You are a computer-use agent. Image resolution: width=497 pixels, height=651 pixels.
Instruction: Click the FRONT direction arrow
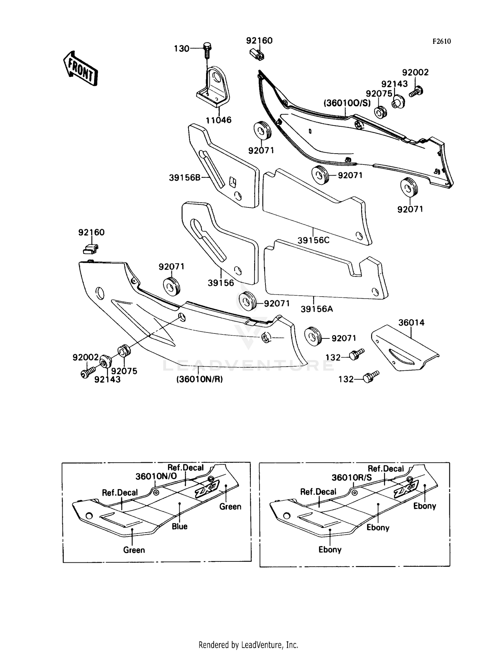point(81,69)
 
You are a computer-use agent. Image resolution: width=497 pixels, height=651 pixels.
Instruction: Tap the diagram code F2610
point(441,41)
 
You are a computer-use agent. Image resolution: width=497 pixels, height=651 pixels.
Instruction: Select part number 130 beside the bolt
point(182,49)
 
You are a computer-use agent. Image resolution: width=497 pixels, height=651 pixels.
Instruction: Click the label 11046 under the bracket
point(219,120)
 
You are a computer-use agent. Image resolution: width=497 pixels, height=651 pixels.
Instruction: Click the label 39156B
point(185,178)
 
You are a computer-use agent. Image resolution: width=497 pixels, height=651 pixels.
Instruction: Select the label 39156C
point(313,240)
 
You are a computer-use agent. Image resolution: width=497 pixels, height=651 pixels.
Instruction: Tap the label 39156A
point(317,309)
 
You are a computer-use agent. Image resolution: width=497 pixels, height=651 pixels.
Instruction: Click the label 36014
point(411,323)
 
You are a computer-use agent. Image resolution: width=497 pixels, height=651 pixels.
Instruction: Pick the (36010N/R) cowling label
point(199,379)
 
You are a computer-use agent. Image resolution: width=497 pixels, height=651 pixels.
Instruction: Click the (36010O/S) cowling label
point(347,103)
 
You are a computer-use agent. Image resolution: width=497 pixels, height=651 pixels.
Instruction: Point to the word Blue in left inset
point(180,526)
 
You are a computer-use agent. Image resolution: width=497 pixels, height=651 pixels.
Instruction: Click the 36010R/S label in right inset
point(352,477)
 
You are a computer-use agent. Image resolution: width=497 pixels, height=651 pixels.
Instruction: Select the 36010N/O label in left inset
point(156,476)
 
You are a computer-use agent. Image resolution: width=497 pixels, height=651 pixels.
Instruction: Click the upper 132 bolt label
point(333,357)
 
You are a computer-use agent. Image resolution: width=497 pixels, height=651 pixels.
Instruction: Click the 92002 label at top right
point(415,72)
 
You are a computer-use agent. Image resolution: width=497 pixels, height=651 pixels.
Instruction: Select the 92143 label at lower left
point(107,379)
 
